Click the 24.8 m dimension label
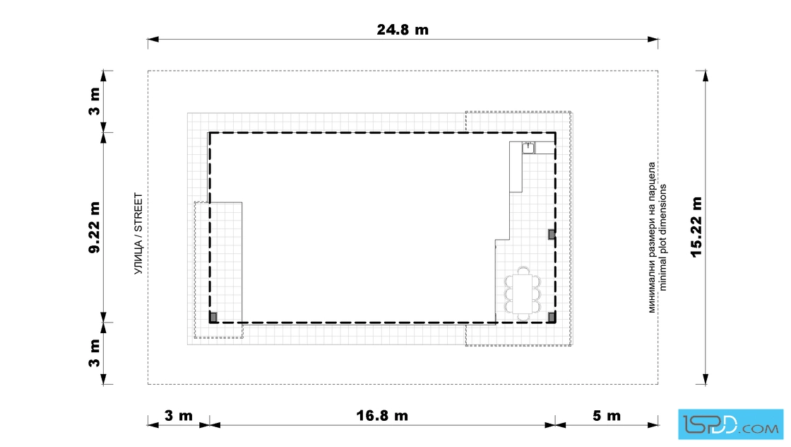click(x=403, y=30)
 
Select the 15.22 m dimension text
click(x=696, y=227)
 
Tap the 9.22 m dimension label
click(x=95, y=227)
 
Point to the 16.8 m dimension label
click(x=382, y=416)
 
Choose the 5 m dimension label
click(x=607, y=416)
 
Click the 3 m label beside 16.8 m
click(x=179, y=416)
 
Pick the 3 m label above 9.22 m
click(x=95, y=102)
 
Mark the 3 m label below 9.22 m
click(x=95, y=352)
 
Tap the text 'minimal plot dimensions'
click(x=663, y=238)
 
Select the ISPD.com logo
click(x=730, y=424)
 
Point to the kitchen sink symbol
click(x=528, y=148)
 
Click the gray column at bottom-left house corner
click(x=213, y=317)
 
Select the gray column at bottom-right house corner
click(x=552, y=317)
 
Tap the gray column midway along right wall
click(x=552, y=234)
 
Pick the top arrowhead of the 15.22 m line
click(x=706, y=76)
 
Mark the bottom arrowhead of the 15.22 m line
click(x=706, y=379)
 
